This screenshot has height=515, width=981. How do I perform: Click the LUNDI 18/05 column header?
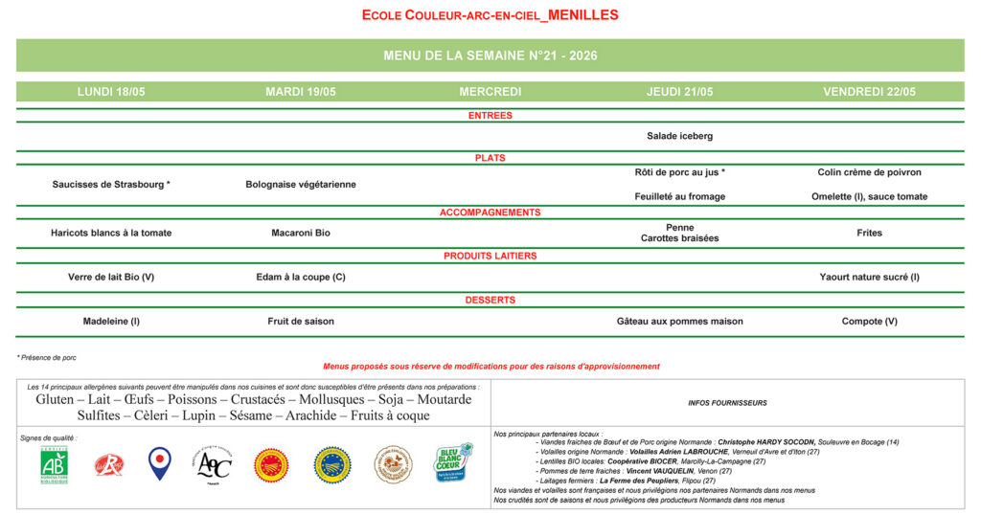tap(111, 92)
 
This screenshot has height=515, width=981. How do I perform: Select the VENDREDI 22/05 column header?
tap(869, 92)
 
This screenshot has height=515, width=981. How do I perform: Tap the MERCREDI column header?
tap(490, 92)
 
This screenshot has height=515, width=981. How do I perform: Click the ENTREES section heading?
tap(490, 116)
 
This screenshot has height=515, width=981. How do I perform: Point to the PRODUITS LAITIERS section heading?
tap(490, 256)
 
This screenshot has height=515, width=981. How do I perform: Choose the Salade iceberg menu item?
tap(680, 136)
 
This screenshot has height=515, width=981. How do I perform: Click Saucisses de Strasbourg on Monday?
tap(111, 184)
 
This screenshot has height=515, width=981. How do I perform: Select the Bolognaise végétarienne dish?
tap(301, 184)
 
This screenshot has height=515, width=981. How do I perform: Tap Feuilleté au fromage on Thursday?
tap(680, 196)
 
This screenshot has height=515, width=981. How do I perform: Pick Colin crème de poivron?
tap(869, 172)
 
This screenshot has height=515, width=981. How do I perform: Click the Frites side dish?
tap(869, 233)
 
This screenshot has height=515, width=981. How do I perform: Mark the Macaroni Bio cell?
tap(301, 233)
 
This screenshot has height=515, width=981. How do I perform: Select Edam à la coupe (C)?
tap(301, 277)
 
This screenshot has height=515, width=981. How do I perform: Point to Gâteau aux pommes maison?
tap(680, 322)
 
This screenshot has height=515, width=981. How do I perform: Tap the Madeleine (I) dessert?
tap(111, 322)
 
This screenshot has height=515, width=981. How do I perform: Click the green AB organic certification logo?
tap(55, 464)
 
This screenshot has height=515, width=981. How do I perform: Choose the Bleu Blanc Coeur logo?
tap(453, 463)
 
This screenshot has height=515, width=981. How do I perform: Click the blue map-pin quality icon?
tap(160, 463)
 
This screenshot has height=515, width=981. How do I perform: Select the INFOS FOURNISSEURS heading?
tap(728, 403)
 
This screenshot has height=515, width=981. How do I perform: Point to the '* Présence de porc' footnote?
tap(47, 357)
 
